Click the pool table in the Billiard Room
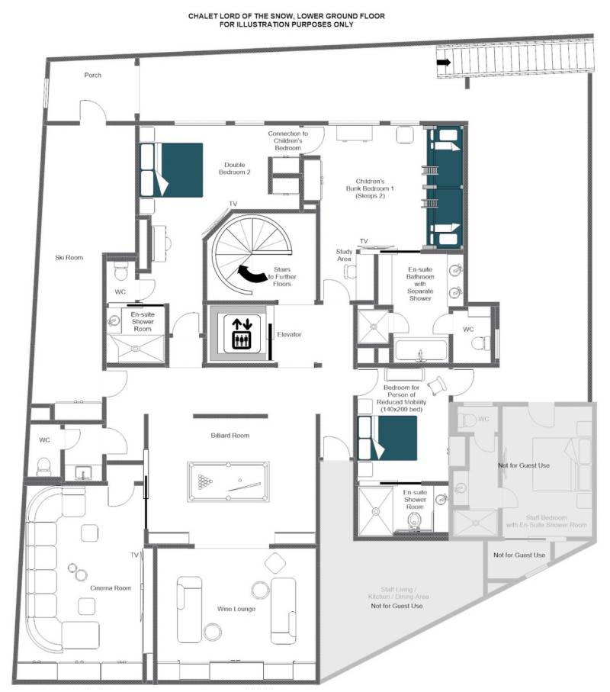click(x=228, y=481)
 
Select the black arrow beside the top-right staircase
click(x=444, y=63)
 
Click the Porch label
click(x=92, y=75)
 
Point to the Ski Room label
click(x=69, y=257)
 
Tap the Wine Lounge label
click(x=236, y=609)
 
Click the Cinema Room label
click(x=111, y=587)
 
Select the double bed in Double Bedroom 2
click(x=172, y=170)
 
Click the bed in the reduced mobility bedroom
click(x=387, y=438)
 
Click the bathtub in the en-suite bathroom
click(x=421, y=350)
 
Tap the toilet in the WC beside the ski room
click(x=43, y=465)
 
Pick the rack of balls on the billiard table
click(x=204, y=481)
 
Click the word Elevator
click(x=289, y=334)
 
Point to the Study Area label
click(x=344, y=255)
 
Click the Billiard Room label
click(x=230, y=435)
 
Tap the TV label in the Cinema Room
click(x=134, y=555)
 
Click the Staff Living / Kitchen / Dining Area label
click(x=398, y=593)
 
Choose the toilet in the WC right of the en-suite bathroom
click(x=478, y=343)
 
